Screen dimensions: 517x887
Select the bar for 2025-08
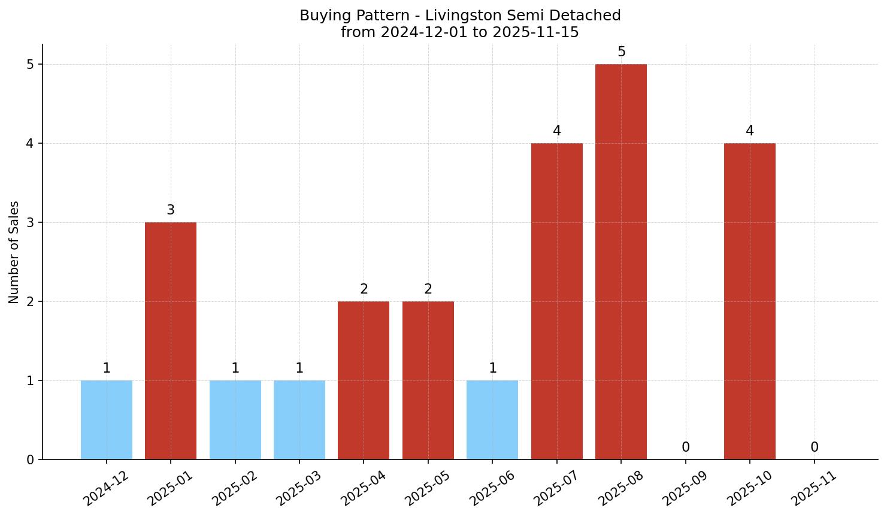(x=621, y=262)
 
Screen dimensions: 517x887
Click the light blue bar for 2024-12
(x=107, y=420)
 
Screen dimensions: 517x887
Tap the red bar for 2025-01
(x=171, y=341)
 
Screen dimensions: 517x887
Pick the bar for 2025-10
(x=750, y=301)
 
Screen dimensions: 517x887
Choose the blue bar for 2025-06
(x=492, y=420)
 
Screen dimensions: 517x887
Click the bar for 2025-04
(x=364, y=380)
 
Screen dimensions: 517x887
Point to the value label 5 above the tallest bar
(x=622, y=52)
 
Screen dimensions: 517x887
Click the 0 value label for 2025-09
(x=686, y=448)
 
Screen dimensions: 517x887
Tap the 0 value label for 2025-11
(x=815, y=448)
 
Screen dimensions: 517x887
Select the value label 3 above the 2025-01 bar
(x=171, y=210)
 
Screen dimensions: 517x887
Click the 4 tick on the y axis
(x=31, y=144)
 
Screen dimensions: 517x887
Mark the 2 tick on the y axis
(x=31, y=302)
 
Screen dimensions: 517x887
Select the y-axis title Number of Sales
(x=14, y=252)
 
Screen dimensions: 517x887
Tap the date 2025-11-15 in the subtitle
(x=536, y=32)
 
